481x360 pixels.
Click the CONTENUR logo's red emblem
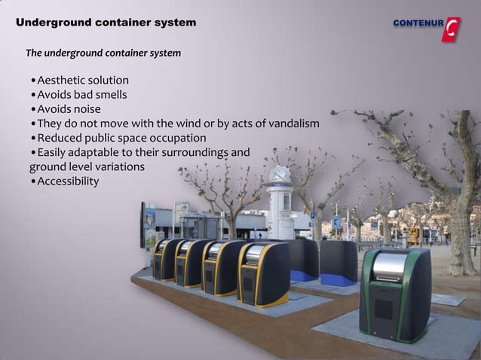[x=451, y=29]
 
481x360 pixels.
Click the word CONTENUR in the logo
[x=418, y=23]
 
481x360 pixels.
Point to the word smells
[x=110, y=95]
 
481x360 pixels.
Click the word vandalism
[x=291, y=124]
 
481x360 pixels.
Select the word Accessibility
[x=68, y=182]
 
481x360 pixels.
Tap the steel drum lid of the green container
[x=391, y=265]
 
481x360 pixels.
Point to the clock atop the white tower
[x=280, y=175]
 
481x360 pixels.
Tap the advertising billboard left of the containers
[x=147, y=224]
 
